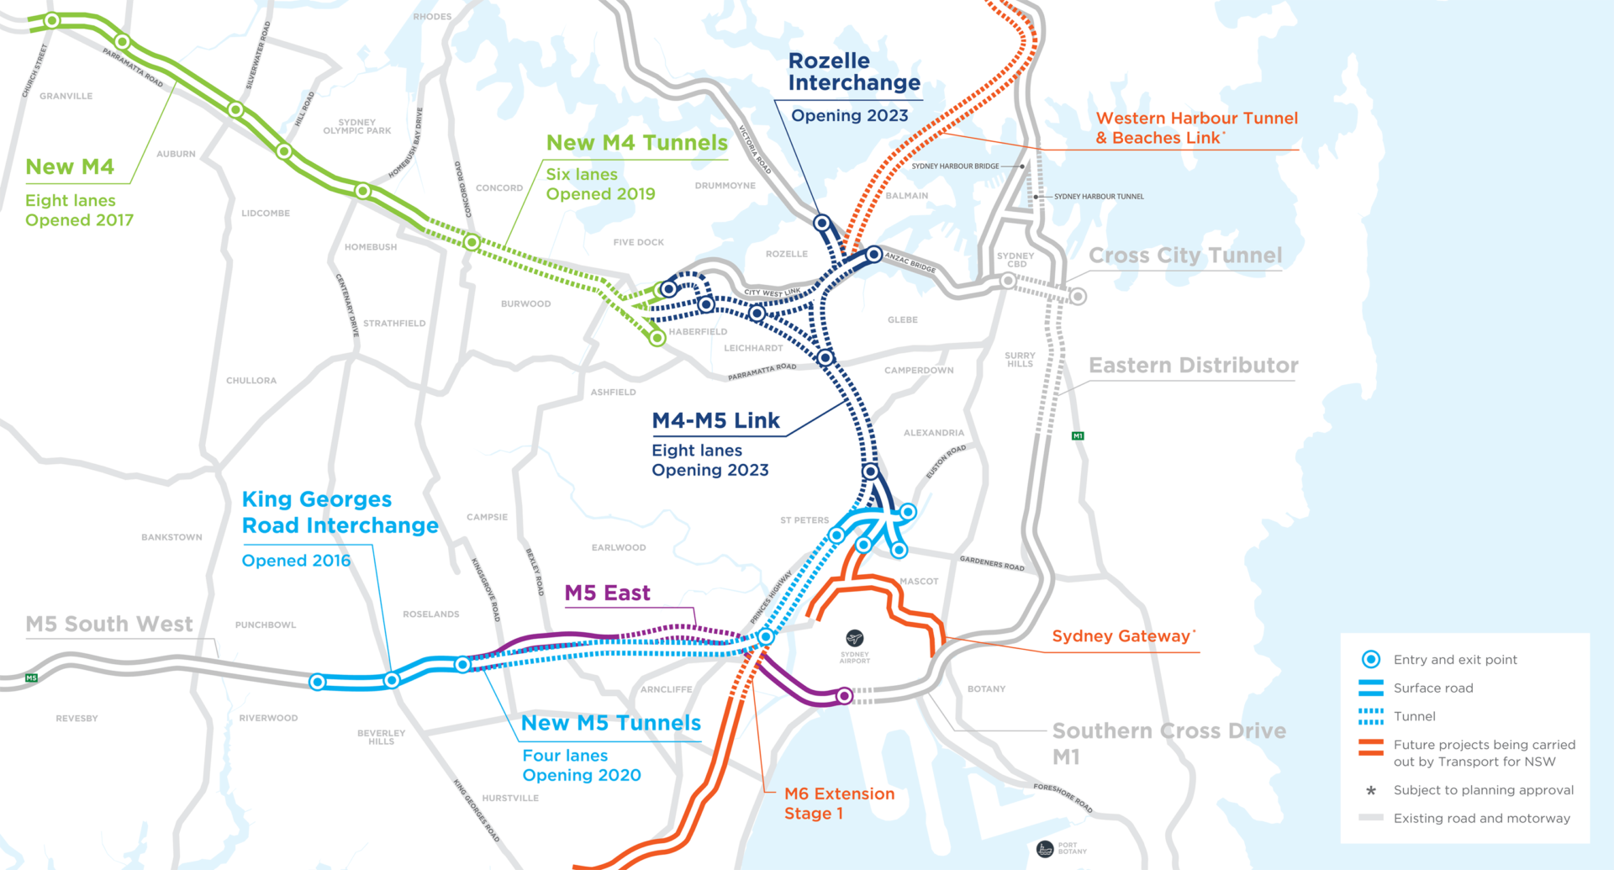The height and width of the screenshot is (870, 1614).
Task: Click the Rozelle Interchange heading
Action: tap(854, 71)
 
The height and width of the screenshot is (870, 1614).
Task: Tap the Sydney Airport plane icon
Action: tap(855, 638)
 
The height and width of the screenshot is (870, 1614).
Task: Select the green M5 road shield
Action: tap(32, 678)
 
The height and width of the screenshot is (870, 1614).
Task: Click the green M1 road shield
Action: tap(1078, 435)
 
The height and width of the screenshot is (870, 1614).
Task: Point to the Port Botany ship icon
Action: tap(1045, 849)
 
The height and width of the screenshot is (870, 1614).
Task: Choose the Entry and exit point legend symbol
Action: tap(1371, 660)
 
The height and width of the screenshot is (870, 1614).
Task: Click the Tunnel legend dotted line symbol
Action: tap(1371, 716)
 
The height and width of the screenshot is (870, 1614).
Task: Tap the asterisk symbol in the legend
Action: tap(1371, 790)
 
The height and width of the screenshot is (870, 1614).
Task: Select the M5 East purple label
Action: tap(607, 593)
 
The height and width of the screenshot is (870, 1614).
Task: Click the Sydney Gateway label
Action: tap(1121, 636)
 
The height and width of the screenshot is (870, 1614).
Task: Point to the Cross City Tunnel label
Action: tap(1185, 256)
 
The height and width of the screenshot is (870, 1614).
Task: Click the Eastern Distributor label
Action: tap(1194, 366)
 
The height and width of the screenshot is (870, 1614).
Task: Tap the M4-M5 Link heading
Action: tap(716, 420)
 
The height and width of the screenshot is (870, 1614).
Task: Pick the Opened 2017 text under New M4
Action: tap(79, 220)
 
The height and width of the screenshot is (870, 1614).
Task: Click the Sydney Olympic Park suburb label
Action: tap(357, 127)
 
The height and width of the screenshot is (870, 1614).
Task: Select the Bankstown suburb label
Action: tap(171, 537)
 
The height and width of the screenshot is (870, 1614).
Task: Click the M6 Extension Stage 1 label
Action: tap(839, 804)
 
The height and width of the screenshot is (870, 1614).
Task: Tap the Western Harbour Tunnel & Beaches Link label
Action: tap(1197, 128)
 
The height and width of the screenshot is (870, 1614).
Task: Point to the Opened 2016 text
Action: tap(296, 561)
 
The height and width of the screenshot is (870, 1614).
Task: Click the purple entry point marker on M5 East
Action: tap(845, 695)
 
